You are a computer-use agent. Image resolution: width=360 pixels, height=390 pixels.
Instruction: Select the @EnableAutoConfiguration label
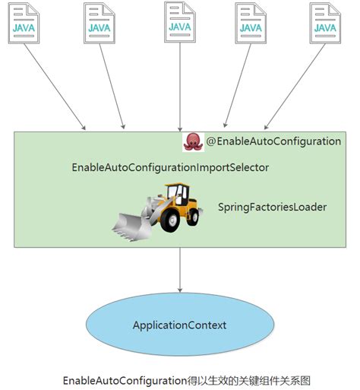click(273, 141)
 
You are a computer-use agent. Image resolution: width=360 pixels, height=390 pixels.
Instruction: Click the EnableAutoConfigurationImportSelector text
click(170, 166)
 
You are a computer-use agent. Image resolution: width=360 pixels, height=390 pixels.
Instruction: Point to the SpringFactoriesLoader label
click(272, 206)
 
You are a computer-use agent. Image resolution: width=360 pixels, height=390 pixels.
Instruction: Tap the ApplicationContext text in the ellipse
click(179, 325)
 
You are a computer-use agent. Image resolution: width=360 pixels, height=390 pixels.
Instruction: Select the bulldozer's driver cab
click(176, 194)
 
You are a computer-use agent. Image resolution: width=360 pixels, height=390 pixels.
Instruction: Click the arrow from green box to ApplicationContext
click(180, 270)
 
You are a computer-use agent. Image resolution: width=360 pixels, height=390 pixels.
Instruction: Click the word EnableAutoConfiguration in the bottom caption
click(125, 379)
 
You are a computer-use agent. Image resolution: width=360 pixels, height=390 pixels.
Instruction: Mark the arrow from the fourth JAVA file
click(239, 87)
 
